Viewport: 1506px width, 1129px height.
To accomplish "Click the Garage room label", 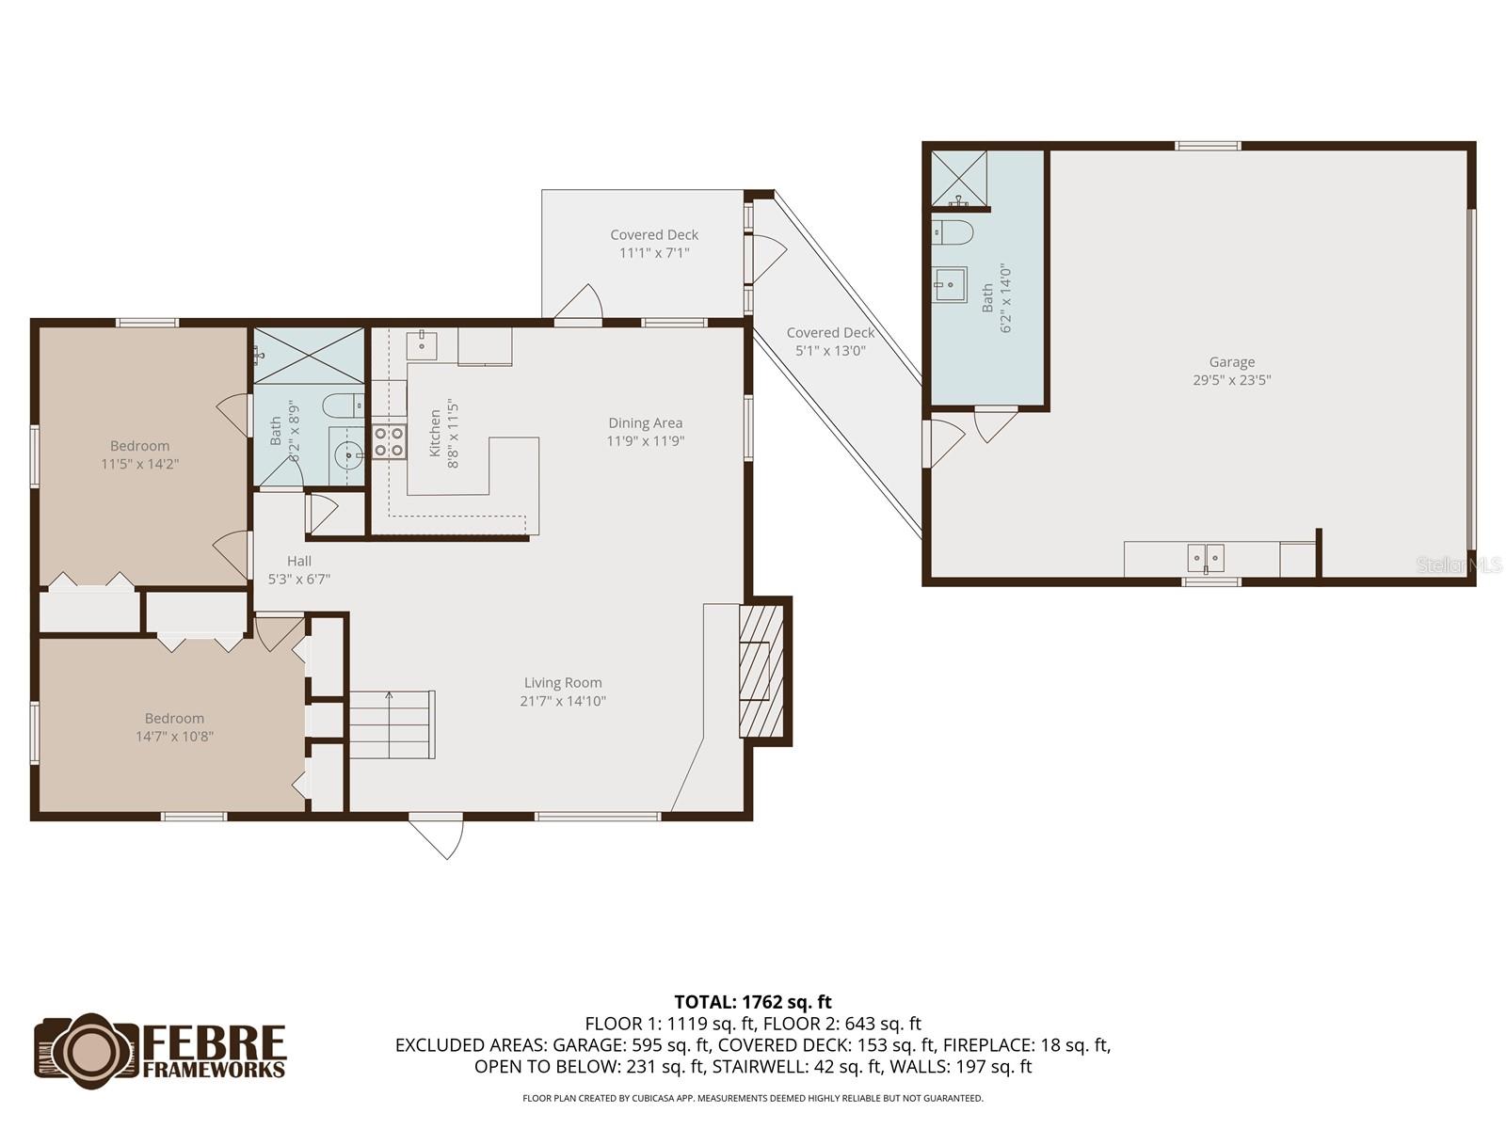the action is [x=1231, y=362].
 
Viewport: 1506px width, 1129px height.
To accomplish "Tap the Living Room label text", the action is [x=563, y=683].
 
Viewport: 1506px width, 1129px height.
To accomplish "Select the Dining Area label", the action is [x=645, y=423].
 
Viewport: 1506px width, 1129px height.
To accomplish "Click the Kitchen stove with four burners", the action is [x=389, y=441].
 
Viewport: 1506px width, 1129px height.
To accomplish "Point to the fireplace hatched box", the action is [x=761, y=671].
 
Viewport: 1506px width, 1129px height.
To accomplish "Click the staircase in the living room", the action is [x=392, y=724].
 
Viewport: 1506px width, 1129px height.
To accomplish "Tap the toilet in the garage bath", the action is [x=953, y=233].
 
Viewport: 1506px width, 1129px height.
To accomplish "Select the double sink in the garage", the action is [x=1206, y=558].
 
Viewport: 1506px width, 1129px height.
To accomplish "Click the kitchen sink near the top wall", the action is [x=422, y=345].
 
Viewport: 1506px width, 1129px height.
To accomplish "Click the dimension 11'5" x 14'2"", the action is [x=140, y=464].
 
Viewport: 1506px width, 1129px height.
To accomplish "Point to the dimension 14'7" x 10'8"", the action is [x=174, y=737].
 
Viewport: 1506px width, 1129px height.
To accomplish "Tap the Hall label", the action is [x=299, y=561].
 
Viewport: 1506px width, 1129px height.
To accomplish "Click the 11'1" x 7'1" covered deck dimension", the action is [x=654, y=253].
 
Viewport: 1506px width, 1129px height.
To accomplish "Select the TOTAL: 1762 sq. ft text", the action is [x=753, y=1002].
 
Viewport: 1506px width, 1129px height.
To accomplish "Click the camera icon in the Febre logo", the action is [x=88, y=1050].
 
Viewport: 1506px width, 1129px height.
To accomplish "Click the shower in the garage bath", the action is [x=958, y=178].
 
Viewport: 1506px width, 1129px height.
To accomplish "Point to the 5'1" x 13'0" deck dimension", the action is [x=830, y=351].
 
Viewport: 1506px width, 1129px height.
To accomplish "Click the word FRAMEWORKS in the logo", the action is [x=214, y=1069].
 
